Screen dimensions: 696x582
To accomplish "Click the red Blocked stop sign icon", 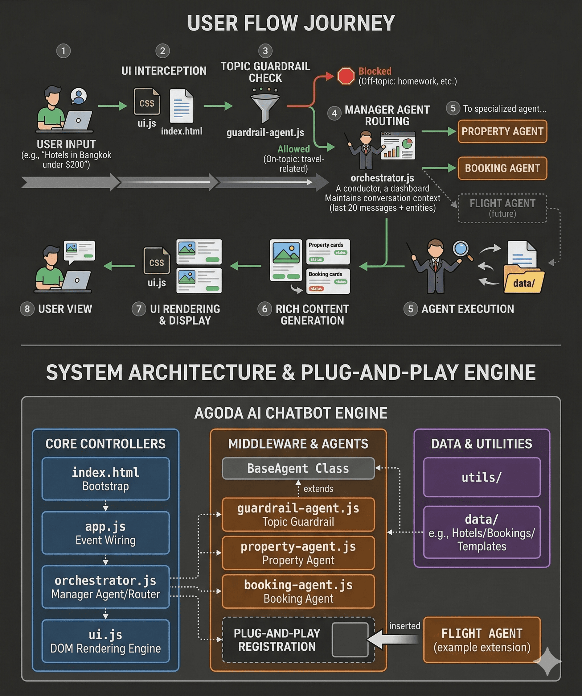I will (x=346, y=76).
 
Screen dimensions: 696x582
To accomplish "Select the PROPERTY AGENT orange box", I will (x=502, y=131).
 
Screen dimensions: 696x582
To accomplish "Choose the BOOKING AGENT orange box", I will (x=502, y=168).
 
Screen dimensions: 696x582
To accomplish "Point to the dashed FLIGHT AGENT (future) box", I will (x=502, y=208).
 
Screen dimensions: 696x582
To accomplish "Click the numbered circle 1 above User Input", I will (x=63, y=51).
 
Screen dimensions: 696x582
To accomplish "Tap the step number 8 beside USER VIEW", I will (x=27, y=309).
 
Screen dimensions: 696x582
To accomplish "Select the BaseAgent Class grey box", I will (x=298, y=468).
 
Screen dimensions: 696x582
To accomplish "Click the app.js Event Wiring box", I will (x=105, y=533).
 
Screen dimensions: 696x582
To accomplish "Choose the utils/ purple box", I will (x=482, y=477).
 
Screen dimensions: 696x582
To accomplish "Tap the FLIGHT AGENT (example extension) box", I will (x=482, y=640).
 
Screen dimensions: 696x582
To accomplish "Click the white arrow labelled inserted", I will (x=394, y=639).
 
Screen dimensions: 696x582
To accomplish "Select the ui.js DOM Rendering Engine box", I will (x=105, y=641).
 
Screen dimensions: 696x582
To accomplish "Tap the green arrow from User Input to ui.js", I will (x=113, y=106).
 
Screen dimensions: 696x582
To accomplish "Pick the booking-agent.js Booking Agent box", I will (x=298, y=592).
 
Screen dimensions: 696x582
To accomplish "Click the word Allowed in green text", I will (x=293, y=149).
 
